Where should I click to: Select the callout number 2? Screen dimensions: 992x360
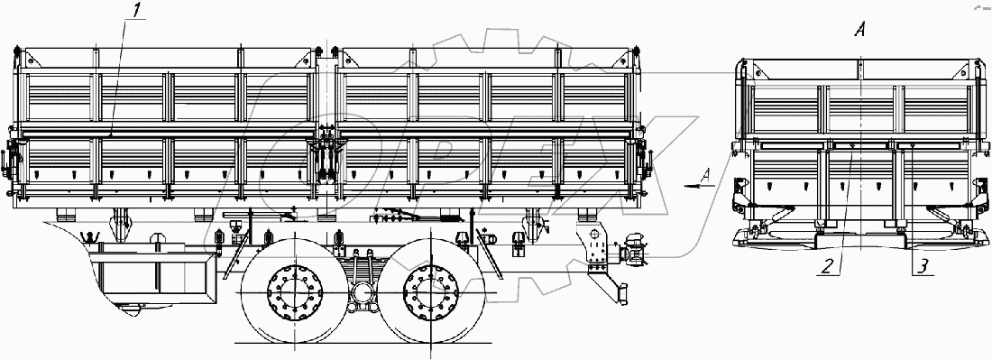(x=826, y=267)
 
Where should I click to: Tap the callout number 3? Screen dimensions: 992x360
(x=923, y=267)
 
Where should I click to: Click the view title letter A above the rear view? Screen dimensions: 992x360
(x=859, y=30)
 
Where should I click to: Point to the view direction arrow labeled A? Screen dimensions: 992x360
(x=699, y=185)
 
